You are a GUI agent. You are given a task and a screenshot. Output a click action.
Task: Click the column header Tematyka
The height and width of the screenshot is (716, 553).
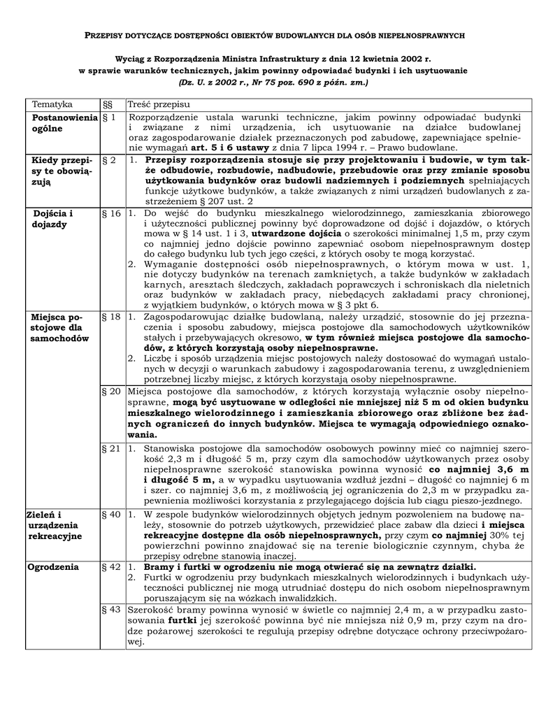(x=52, y=104)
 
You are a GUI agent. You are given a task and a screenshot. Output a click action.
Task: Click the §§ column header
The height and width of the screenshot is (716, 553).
(x=107, y=104)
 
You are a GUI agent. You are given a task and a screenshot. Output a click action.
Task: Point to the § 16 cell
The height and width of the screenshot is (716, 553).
(x=111, y=213)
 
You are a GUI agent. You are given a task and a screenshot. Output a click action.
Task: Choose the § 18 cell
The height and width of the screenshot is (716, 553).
(x=111, y=317)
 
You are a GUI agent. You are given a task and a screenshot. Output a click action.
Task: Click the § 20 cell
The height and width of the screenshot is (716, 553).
(x=111, y=391)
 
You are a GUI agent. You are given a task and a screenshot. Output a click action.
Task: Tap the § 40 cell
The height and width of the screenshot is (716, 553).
(x=111, y=514)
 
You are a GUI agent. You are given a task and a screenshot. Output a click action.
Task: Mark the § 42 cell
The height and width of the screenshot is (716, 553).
(x=111, y=566)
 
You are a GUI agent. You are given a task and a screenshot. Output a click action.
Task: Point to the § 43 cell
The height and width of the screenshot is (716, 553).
(x=111, y=610)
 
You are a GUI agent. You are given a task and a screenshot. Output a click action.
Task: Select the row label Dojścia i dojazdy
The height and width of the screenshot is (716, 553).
(x=52, y=219)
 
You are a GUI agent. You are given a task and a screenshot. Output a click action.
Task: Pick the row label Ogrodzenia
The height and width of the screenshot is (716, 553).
(x=52, y=567)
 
